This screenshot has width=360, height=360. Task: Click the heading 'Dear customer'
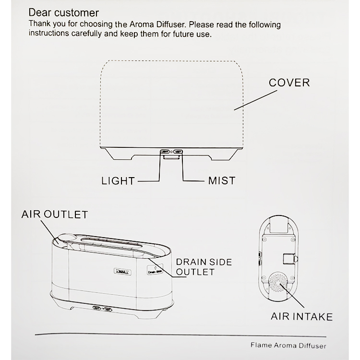point(64,12)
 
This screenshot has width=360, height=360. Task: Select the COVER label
point(289,83)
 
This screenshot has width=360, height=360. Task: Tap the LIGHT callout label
point(118,181)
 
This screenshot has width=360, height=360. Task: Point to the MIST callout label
point(222,181)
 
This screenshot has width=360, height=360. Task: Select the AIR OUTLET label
point(54,213)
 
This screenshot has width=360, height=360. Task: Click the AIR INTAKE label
point(301,316)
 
